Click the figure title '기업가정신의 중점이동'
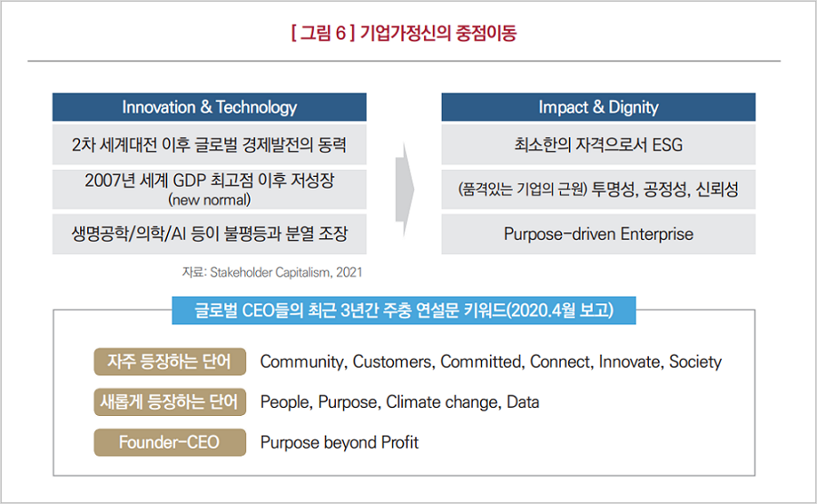click(438, 34)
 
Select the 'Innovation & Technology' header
click(210, 107)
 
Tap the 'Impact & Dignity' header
click(598, 107)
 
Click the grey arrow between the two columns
click(404, 190)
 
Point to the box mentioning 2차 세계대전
click(210, 144)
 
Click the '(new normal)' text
click(210, 200)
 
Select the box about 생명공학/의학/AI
click(210, 234)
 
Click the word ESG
click(667, 144)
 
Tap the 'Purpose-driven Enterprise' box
click(598, 234)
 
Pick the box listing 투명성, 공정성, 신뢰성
click(598, 189)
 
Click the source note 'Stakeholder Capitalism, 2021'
click(286, 272)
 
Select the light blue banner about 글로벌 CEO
click(404, 310)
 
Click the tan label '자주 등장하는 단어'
click(170, 361)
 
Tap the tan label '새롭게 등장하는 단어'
click(170, 402)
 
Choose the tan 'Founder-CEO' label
click(170, 442)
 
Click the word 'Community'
click(302, 361)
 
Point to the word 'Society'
click(695, 361)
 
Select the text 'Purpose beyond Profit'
click(340, 442)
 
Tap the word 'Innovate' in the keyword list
click(629, 361)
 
